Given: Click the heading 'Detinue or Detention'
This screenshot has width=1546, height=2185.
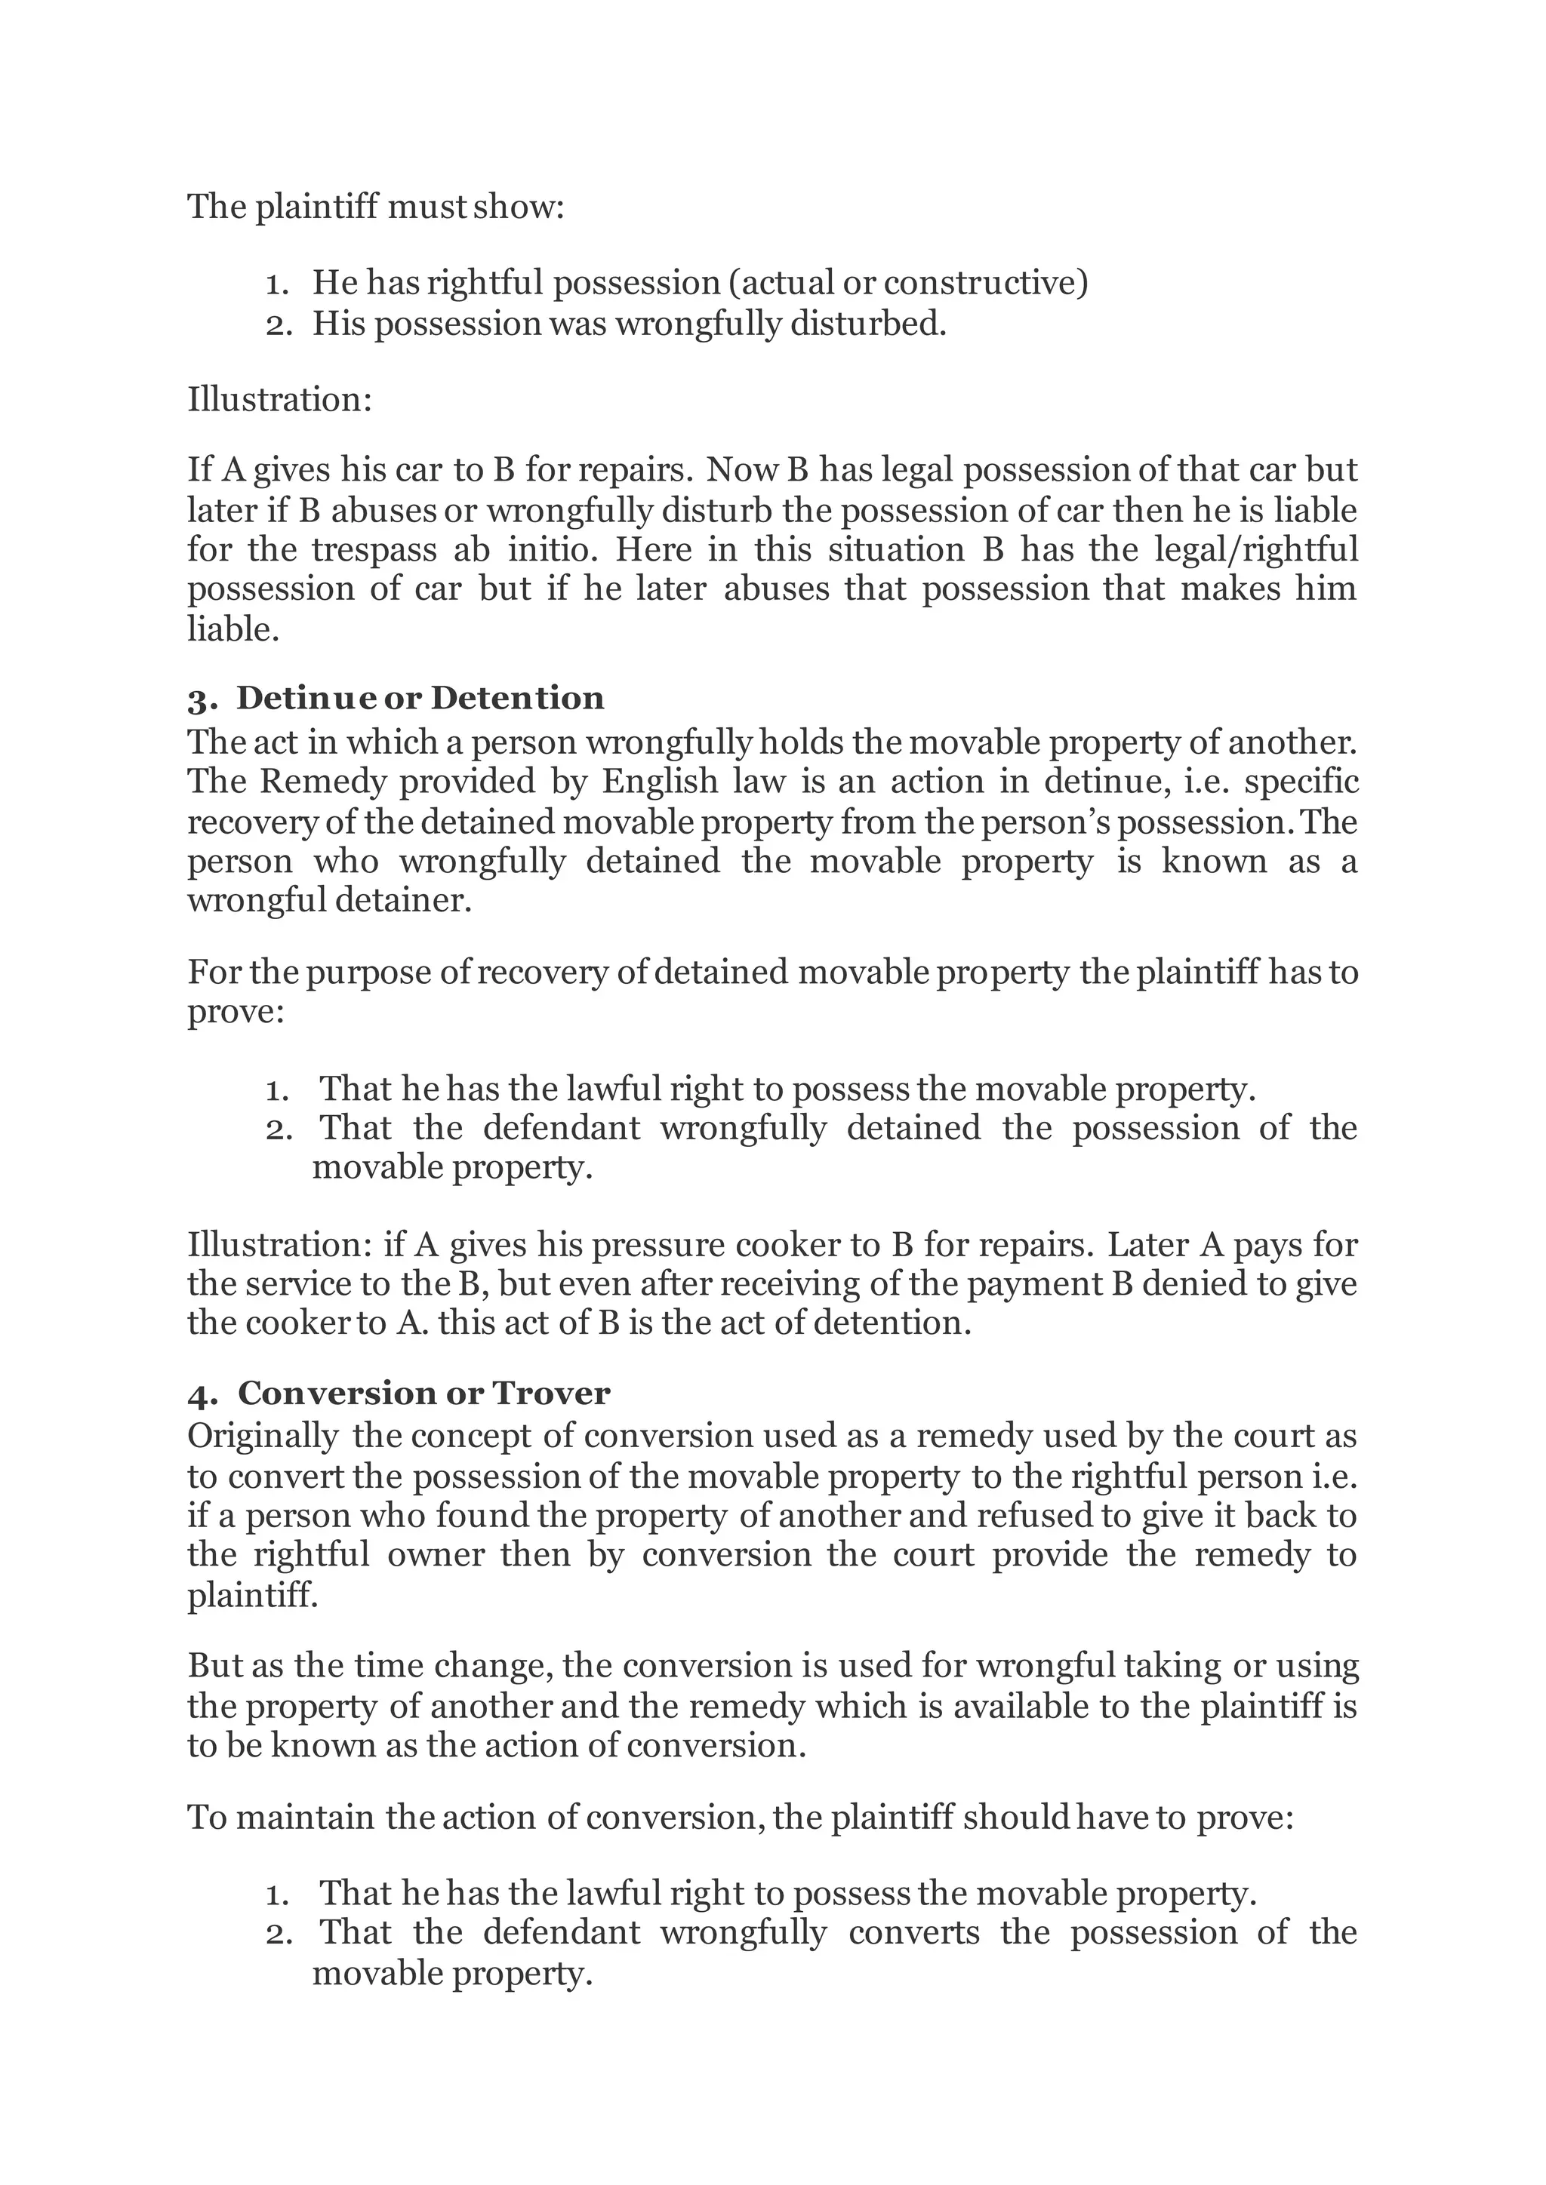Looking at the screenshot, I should (420, 698).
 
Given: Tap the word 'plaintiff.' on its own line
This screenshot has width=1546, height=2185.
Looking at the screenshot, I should (252, 1594).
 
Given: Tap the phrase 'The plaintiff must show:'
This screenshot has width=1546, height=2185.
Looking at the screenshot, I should (376, 207).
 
